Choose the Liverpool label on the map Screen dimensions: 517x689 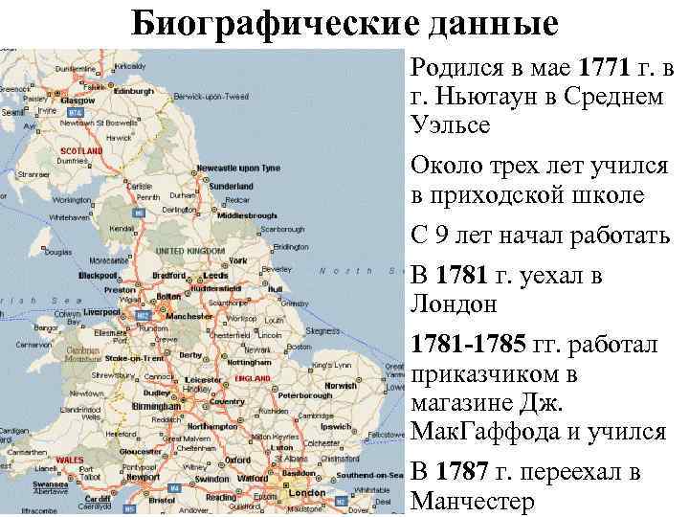click(x=101, y=312)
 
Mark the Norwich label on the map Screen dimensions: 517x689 click(x=340, y=385)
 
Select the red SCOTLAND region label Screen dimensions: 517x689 click(x=80, y=151)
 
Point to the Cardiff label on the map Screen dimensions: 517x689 click(x=97, y=499)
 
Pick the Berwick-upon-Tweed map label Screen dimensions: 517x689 click(x=211, y=97)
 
